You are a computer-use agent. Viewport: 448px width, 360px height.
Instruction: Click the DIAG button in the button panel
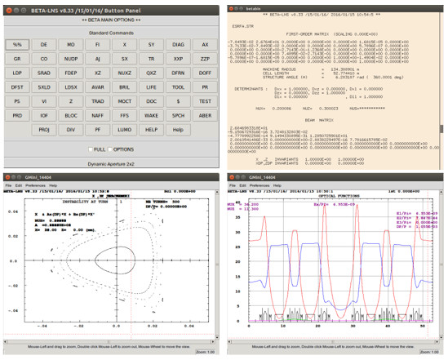(x=179, y=44)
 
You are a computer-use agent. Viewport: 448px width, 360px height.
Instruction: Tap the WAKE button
(x=151, y=115)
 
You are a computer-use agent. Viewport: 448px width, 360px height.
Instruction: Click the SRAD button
(x=44, y=73)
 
